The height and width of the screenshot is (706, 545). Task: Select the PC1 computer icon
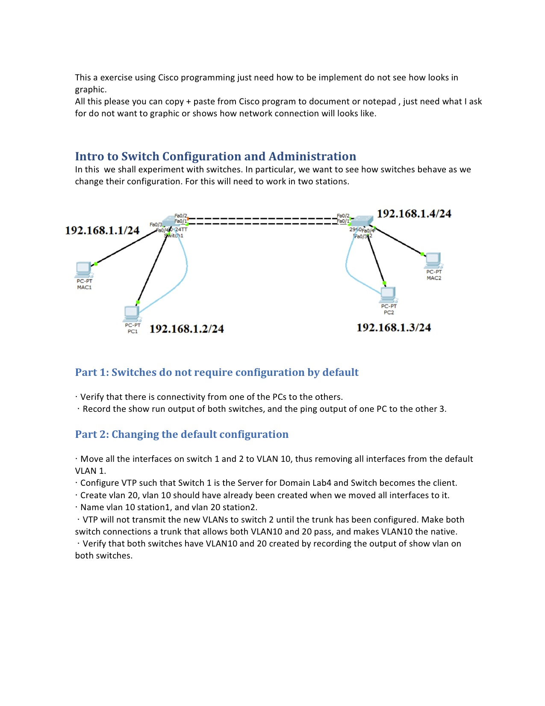132,313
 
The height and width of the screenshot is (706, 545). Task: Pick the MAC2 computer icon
433,260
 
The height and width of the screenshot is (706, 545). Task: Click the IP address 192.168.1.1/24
102,230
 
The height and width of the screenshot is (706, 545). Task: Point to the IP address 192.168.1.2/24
186,329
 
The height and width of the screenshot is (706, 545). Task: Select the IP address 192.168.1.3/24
394,328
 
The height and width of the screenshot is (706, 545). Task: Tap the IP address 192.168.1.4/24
414,214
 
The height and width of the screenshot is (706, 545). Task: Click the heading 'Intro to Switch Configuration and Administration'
215,157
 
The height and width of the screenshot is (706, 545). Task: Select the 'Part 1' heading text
217,372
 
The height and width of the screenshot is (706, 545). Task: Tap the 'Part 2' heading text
182,434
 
